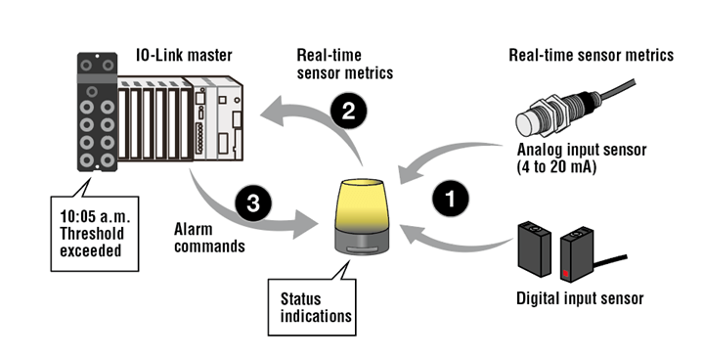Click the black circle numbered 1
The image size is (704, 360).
451,199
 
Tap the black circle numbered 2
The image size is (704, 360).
348,111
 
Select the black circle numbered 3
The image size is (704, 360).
253,203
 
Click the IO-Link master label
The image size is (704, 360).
184,56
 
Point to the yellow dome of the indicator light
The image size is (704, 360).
359,203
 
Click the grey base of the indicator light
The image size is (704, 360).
359,242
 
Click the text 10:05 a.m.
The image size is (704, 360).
95,216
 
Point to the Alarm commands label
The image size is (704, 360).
209,238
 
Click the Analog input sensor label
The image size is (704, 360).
582,150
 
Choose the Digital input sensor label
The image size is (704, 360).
580,298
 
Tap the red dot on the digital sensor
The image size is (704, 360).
566,273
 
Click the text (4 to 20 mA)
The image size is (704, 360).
556,167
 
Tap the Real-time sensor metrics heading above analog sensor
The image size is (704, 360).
591,56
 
